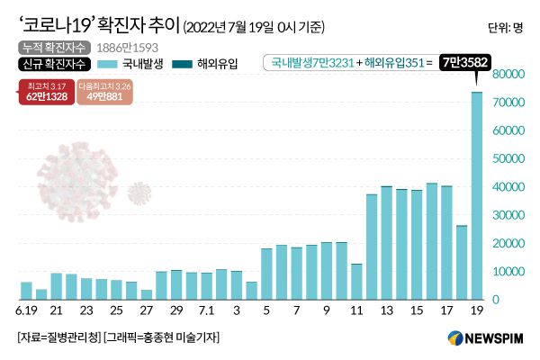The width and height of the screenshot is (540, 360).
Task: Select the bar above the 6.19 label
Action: [26, 290]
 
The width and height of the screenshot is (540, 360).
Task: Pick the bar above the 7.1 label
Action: [206, 285]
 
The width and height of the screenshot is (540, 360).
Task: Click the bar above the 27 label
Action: [147, 294]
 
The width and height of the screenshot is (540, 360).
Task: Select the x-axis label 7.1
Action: [206, 310]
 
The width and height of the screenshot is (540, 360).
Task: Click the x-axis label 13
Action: [387, 310]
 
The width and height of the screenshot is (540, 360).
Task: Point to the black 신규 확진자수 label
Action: [53, 64]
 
